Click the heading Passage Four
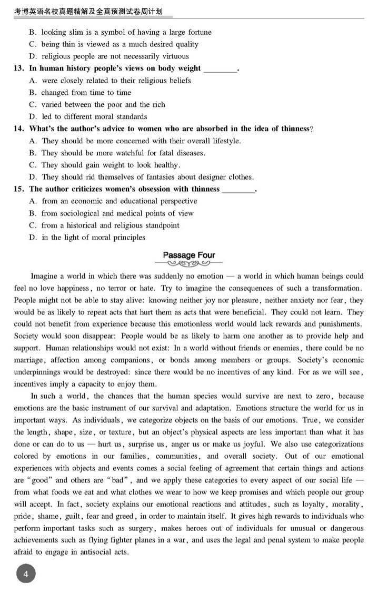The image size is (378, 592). tap(189, 255)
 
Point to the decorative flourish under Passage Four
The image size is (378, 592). tap(189, 264)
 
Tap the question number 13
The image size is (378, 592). tap(19, 68)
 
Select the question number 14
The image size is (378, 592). tap(19, 129)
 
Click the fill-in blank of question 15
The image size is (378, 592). tap(238, 190)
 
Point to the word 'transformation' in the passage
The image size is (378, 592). tap(334, 288)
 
